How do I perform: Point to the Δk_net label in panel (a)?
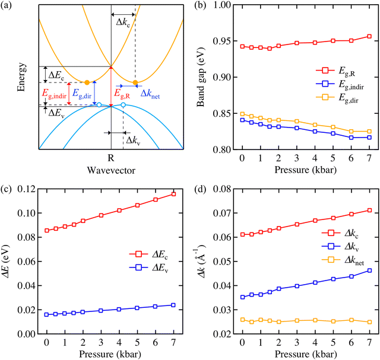(151, 93)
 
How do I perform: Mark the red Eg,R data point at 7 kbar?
(369, 36)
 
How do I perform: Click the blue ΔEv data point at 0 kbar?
(46, 314)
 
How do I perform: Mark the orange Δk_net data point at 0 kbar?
(242, 320)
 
